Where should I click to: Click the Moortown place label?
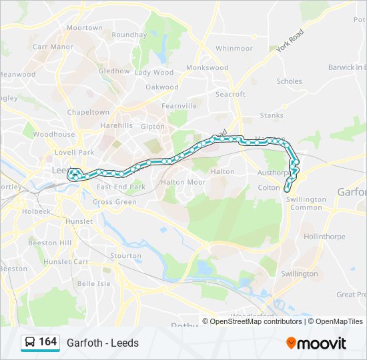tap(85, 28)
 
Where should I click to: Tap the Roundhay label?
tap(129, 35)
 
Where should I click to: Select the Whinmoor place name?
tap(234, 48)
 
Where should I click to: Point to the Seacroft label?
tap(231, 94)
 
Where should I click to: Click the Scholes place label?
tap(289, 81)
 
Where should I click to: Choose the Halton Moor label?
tap(183, 181)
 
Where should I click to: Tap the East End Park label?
tap(120, 187)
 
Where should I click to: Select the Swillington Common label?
tap(306, 203)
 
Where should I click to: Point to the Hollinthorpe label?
tap(323, 237)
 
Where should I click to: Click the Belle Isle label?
tap(94, 283)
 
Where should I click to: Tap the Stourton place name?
tap(125, 255)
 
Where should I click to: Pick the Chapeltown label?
tap(88, 112)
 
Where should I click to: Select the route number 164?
tap(47, 342)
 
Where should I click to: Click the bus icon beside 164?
tap(30, 343)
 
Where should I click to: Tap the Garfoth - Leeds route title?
tap(103, 343)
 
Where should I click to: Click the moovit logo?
tap(316, 343)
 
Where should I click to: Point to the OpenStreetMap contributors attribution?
tap(256, 321)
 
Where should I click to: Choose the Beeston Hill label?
tap(49, 243)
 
